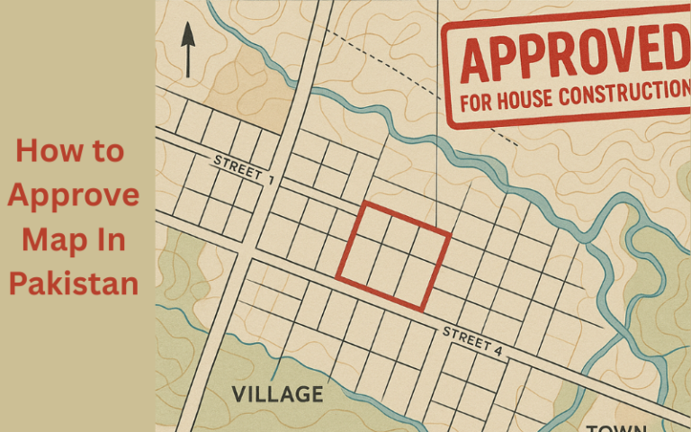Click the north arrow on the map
pyautogui.click(x=188, y=49)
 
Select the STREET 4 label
pyautogui.click(x=468, y=338)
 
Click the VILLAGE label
pyautogui.click(x=277, y=394)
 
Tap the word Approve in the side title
pyautogui.click(x=74, y=195)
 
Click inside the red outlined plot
pyautogui.click(x=393, y=256)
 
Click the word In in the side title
pyautogui.click(x=111, y=240)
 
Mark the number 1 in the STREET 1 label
pyautogui.click(x=269, y=177)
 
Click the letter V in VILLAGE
pyautogui.click(x=239, y=394)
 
